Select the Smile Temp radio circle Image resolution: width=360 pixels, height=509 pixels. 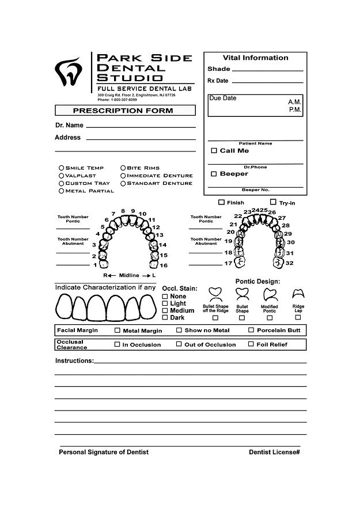pos(62,168)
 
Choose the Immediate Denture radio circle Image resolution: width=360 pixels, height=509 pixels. pos(123,176)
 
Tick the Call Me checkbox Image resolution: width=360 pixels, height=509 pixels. pos(214,151)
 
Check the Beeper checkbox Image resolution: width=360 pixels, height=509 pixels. pos(214,174)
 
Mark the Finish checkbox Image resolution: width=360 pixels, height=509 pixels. pos(222,203)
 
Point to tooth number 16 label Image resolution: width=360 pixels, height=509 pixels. pos(164,265)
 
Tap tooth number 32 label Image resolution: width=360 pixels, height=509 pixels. pos(289,263)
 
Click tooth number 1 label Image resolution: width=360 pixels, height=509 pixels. pos(95,265)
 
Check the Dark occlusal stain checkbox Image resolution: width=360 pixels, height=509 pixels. pos(165,317)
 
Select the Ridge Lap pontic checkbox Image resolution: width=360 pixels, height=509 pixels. pos(298,317)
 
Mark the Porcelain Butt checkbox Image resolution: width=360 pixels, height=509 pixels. pos(251,331)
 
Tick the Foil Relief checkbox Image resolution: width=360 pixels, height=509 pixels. pos(251,344)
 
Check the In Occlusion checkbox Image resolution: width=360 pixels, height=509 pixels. pos(118,345)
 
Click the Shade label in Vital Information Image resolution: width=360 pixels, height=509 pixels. pos(219,69)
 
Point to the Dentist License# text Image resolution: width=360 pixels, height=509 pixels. pos(274,452)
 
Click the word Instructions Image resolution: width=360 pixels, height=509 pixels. pos(74,361)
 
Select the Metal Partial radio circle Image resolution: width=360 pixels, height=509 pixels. pos(62,191)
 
